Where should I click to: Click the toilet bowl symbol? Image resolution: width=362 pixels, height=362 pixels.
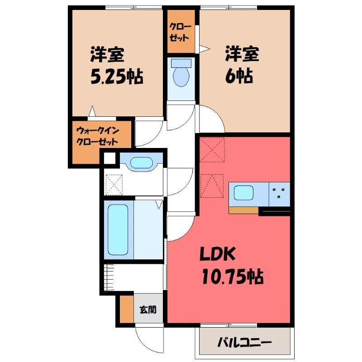[x=181, y=76]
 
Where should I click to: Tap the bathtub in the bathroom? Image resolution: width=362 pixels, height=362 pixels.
[x=118, y=230]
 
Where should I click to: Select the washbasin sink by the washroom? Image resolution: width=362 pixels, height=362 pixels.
[x=142, y=163]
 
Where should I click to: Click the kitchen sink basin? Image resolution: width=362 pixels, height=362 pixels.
[x=243, y=193]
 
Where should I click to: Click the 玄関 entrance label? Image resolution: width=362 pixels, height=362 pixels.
[x=148, y=310]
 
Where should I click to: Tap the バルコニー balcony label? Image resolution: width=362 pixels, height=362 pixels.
[x=244, y=343]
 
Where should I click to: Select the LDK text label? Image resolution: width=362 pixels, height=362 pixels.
[x=217, y=253]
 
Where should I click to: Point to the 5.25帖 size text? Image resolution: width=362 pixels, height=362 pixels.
[x=117, y=76]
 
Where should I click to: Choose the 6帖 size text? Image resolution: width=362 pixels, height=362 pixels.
[x=239, y=76]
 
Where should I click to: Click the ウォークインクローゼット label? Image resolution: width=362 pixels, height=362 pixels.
[x=97, y=136]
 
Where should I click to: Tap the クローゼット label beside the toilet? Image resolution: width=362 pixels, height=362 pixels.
[x=180, y=32]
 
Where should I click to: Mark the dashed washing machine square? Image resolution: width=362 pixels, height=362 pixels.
[x=114, y=185]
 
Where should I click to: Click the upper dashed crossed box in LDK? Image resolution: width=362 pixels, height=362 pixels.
[x=212, y=150]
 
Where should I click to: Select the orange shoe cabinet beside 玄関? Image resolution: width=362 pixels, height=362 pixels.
[x=127, y=309]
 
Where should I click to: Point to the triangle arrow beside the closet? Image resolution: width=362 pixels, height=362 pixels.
[x=205, y=49]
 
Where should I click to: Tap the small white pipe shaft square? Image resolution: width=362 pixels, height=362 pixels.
[x=110, y=158]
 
